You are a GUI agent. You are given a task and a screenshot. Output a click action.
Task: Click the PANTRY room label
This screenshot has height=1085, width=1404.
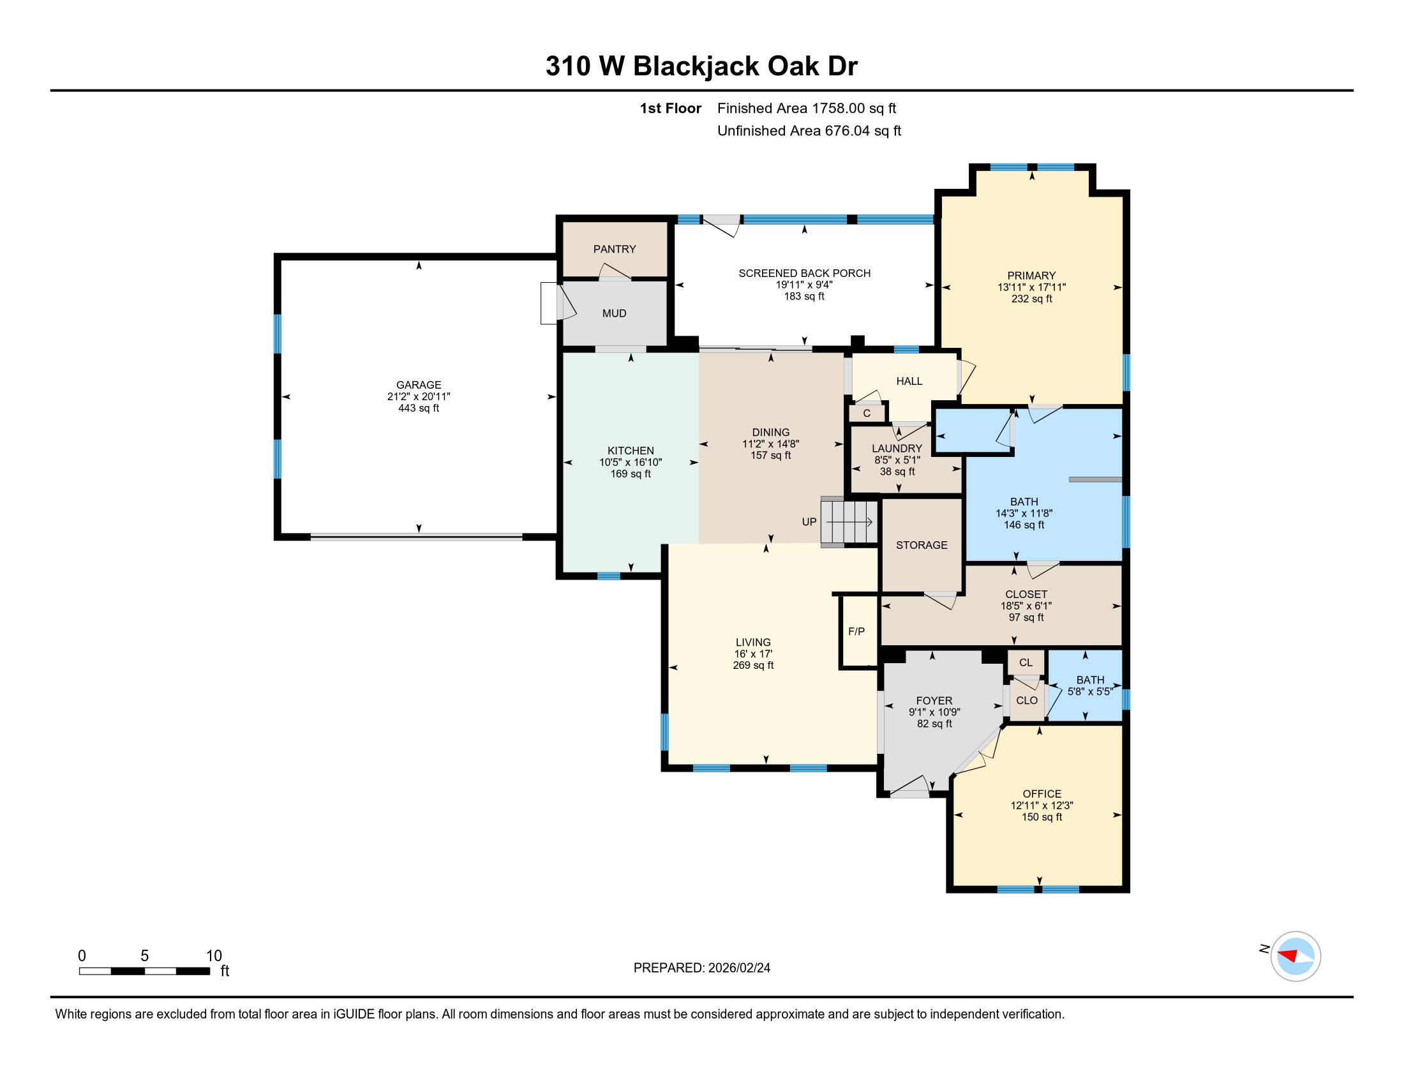click(x=615, y=250)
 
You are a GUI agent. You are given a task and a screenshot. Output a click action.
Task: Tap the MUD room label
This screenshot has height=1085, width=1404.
click(x=614, y=313)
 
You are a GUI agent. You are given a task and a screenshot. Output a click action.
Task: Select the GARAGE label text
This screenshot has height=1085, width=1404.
click(x=419, y=385)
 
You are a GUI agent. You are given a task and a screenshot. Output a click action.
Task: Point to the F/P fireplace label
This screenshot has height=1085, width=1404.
click(x=856, y=632)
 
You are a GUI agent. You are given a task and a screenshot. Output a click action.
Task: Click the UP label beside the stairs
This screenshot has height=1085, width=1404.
click(x=809, y=522)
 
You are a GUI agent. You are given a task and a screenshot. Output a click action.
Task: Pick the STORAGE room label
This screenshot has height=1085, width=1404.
click(x=921, y=545)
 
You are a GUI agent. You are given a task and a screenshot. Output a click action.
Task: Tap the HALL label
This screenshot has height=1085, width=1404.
click(x=909, y=381)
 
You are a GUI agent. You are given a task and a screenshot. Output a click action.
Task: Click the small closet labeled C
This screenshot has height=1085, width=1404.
click(x=867, y=414)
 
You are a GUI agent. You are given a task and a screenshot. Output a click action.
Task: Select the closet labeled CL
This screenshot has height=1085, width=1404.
click(x=1026, y=662)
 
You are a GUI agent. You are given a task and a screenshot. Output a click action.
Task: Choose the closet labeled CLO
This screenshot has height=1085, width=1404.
click(x=1027, y=701)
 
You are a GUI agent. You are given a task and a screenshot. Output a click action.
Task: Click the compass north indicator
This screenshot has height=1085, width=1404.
click(x=1264, y=948)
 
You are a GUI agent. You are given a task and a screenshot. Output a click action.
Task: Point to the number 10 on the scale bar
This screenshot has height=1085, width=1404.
click(x=214, y=956)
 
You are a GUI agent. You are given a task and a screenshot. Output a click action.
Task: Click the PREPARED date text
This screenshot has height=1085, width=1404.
click(x=701, y=968)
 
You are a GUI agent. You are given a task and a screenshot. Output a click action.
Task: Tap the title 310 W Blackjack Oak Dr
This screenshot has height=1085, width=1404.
click(x=701, y=66)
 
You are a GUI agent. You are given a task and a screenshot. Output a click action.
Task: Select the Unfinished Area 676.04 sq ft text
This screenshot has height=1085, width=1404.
click(x=809, y=131)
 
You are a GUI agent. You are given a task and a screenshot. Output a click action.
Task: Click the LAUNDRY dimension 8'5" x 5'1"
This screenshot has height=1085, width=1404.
click(x=897, y=460)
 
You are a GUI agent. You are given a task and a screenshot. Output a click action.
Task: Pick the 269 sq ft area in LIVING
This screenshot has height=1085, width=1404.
click(x=753, y=665)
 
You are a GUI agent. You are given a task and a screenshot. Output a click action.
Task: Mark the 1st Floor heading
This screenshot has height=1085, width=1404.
click(x=670, y=108)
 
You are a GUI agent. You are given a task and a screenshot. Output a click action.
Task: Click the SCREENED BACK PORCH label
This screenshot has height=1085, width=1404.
click(x=804, y=273)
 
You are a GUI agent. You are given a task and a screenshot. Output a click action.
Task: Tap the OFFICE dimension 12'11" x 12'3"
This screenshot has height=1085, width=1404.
click(x=1042, y=805)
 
